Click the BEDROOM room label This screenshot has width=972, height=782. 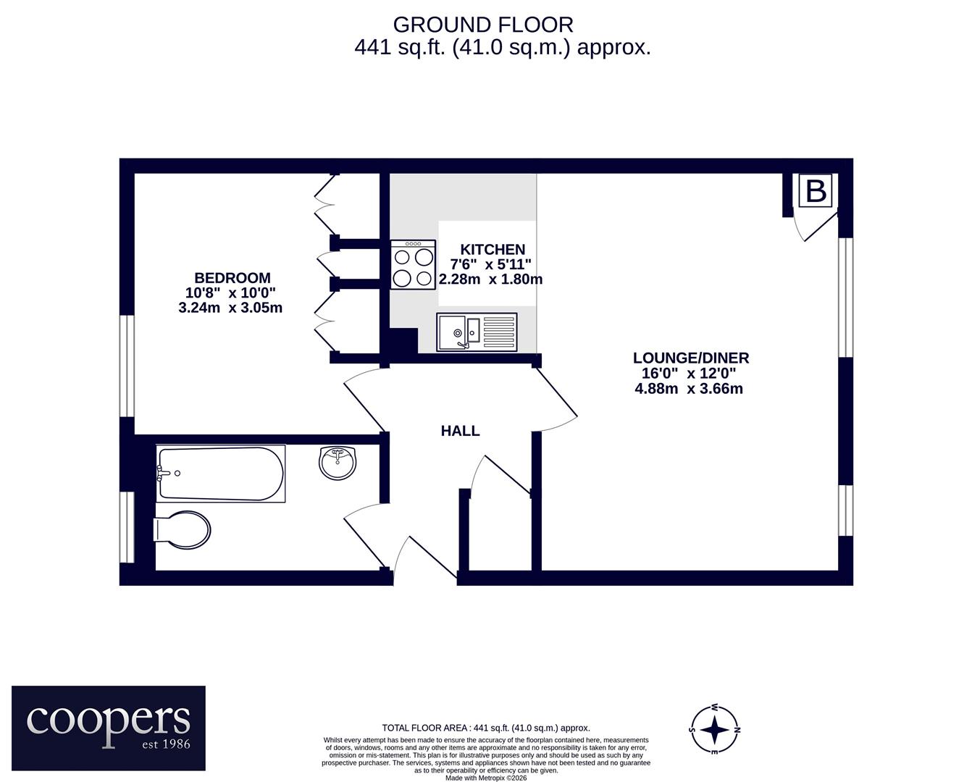point(232,277)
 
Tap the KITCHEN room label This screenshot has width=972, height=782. point(493,249)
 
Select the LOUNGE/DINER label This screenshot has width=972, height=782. point(691,358)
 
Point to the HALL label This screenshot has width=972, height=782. point(460,431)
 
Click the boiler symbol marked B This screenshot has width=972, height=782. point(816,191)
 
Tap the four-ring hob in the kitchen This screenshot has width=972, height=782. point(414,264)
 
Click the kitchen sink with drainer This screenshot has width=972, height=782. point(477,332)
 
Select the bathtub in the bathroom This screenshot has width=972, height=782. point(221,474)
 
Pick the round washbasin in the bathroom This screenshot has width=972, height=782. point(338,463)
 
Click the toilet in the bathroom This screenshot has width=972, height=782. point(182,530)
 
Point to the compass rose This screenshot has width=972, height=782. point(715,730)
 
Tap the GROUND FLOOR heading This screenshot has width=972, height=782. point(483,25)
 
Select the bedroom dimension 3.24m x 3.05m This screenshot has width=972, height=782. point(230,308)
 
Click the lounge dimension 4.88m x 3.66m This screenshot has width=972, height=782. point(689,388)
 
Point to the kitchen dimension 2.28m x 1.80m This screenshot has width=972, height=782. point(490,279)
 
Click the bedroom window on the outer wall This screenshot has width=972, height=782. point(127,366)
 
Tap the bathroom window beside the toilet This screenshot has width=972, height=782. point(127,527)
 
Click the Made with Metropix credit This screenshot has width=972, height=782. point(486,778)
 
